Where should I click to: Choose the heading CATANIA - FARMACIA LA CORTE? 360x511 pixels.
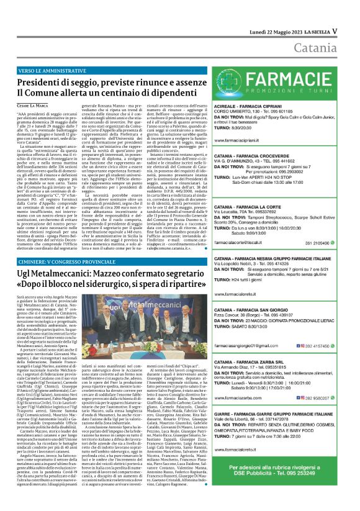coord(250,207)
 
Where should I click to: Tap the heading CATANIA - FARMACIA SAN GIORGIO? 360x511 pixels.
coord(254,309)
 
